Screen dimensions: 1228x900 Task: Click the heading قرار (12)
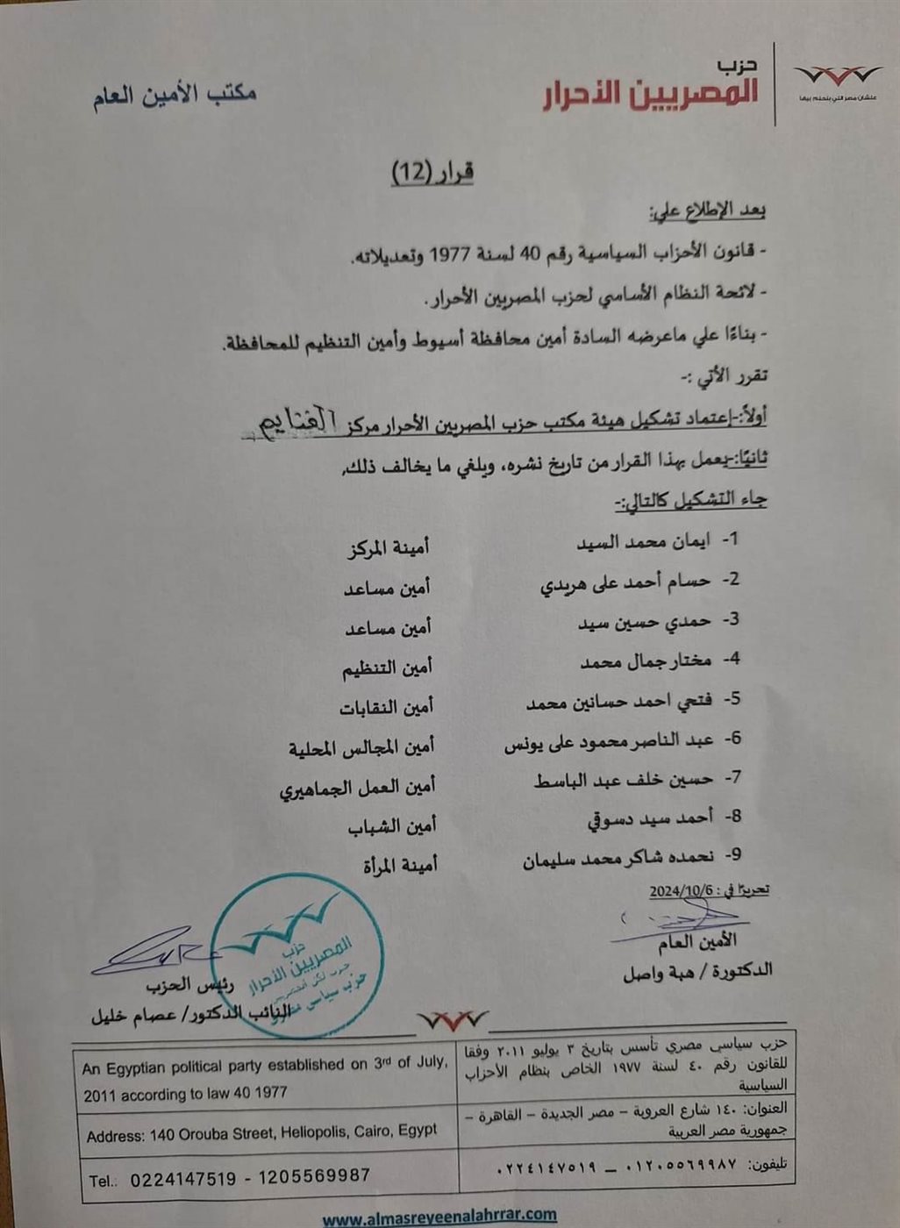(432, 172)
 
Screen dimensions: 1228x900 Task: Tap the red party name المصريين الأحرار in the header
(649, 93)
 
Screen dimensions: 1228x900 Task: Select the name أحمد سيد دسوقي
(650, 819)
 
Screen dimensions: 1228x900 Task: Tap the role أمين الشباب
(391, 826)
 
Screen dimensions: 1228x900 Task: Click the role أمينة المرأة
(400, 866)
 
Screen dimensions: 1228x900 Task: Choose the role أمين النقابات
(387, 707)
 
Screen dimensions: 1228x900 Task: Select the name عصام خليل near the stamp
(132, 1016)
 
